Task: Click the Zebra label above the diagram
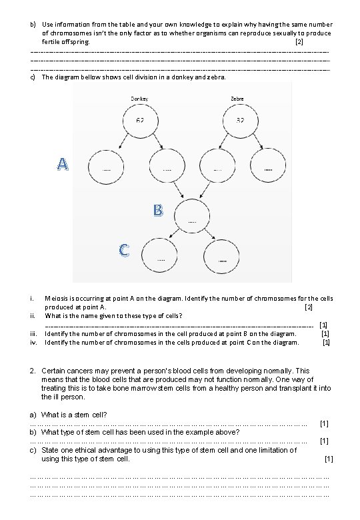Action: point(237,99)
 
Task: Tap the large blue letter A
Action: point(62,163)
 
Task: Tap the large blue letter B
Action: point(157,211)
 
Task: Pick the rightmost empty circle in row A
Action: point(268,163)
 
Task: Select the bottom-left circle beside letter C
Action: point(160,255)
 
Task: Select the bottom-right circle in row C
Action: point(221,255)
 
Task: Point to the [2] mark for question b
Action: point(299,42)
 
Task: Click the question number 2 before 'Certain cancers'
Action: point(33,370)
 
